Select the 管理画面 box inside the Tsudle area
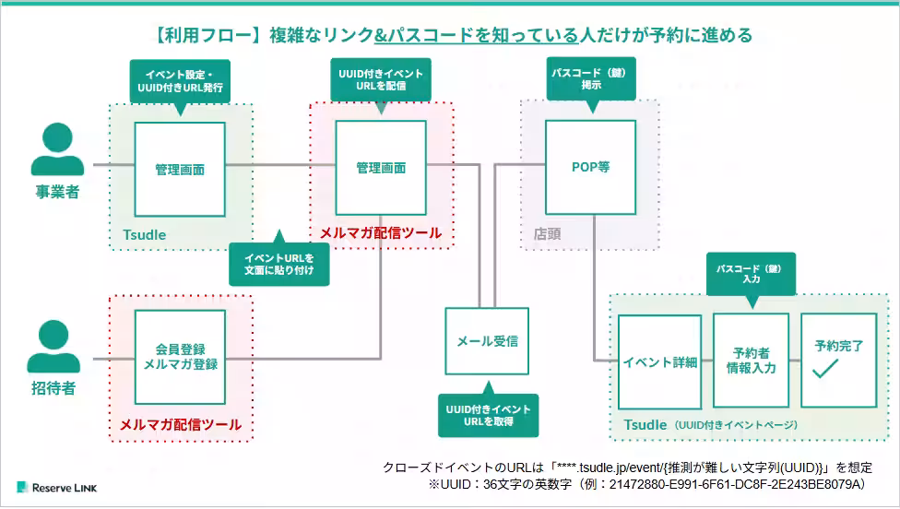(180, 168)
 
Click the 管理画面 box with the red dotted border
(381, 168)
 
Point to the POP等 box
(590, 168)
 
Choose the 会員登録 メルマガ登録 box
(180, 357)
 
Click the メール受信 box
(487, 340)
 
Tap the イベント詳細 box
(659, 361)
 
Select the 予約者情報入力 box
(751, 361)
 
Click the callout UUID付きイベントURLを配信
(380, 78)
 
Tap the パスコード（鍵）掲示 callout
(591, 78)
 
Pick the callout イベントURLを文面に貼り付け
(278, 264)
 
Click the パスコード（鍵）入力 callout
(750, 273)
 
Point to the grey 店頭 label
(547, 233)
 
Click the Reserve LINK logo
(56, 486)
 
